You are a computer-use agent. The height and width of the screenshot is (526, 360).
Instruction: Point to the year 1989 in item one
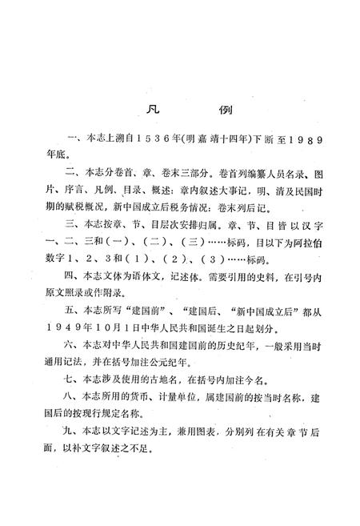point(305,141)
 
